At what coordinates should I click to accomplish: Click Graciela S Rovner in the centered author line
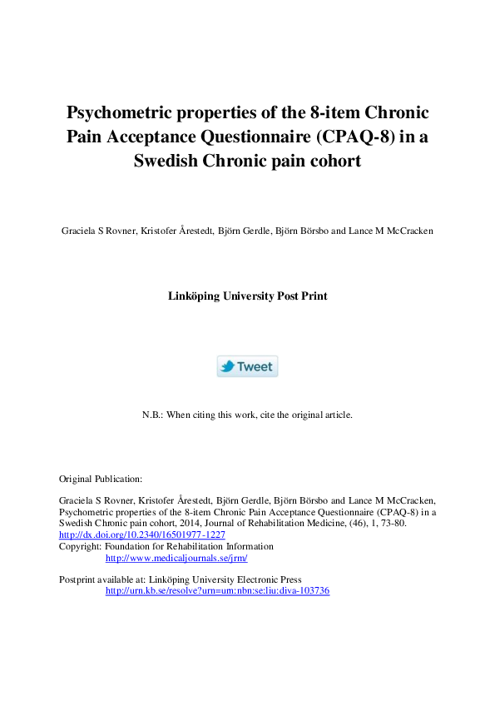click(x=92, y=231)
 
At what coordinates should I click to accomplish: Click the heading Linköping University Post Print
click(x=247, y=296)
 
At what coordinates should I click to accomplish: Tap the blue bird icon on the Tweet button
click(x=227, y=367)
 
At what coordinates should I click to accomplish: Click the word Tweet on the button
click(x=255, y=367)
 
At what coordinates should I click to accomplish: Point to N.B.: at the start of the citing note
click(x=155, y=414)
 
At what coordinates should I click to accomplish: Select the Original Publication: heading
click(x=101, y=479)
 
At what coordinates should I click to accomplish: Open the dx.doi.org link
click(x=141, y=534)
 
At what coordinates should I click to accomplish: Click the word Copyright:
click(x=81, y=546)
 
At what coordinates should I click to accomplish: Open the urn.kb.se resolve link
click(x=217, y=590)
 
